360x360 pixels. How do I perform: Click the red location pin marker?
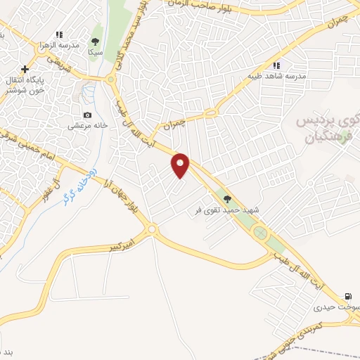click(x=181, y=165)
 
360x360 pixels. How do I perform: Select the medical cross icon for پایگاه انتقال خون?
click(x=25, y=69)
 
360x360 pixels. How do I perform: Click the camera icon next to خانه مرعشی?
click(x=87, y=115)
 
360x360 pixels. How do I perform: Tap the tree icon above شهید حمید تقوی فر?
click(x=226, y=198)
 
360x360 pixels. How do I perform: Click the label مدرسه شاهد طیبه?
click(x=266, y=76)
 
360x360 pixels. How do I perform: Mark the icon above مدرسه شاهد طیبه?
click(x=266, y=65)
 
